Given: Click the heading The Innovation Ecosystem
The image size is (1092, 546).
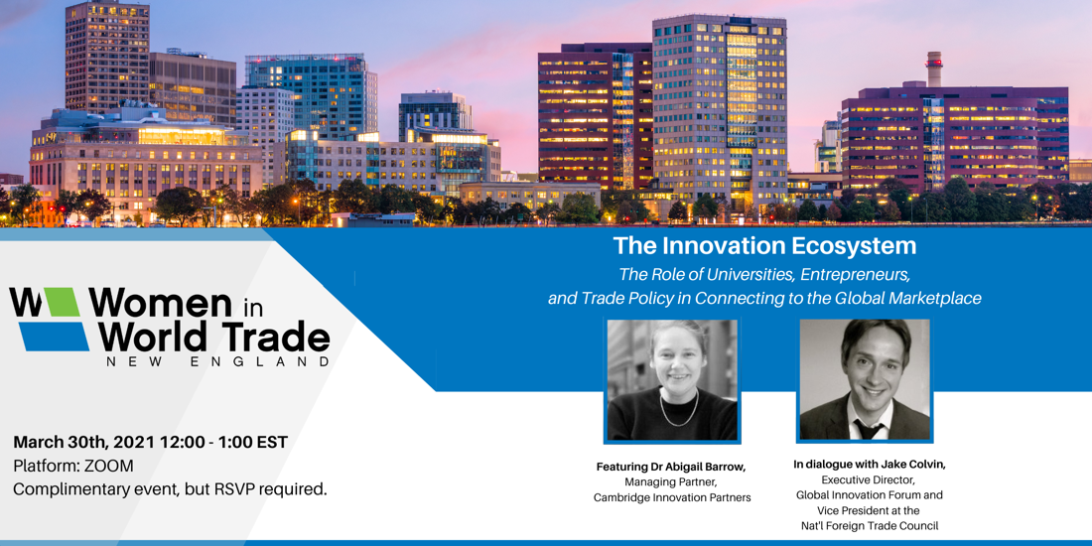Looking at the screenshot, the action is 764,246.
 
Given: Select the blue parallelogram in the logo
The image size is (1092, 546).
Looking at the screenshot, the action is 53,337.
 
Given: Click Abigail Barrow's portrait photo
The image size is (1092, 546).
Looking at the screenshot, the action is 672,379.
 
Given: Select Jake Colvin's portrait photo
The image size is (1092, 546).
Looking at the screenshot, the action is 865,379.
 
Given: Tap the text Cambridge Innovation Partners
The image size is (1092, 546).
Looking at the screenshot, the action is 672,497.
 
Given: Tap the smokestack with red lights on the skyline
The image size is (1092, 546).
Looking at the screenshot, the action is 934,68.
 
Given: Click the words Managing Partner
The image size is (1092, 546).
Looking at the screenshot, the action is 672,481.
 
